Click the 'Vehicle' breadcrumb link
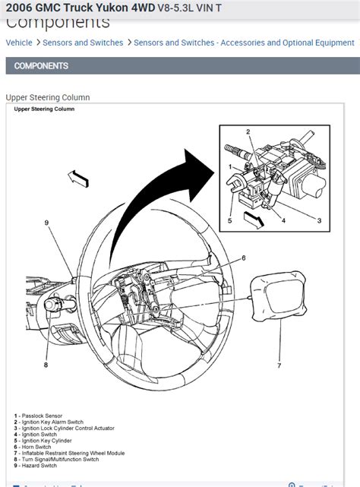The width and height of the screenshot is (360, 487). (x=19, y=43)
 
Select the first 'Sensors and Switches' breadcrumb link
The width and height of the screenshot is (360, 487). (x=83, y=43)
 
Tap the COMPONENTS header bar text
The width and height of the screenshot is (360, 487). (x=41, y=66)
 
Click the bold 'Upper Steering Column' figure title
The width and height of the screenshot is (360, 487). (x=44, y=109)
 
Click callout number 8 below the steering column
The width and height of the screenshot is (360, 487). (x=46, y=365)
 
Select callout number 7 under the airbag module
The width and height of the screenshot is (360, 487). (x=279, y=365)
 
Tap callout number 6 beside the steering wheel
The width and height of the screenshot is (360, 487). (x=244, y=258)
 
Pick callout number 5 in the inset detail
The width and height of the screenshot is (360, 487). (x=229, y=221)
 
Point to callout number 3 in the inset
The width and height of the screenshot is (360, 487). (x=319, y=220)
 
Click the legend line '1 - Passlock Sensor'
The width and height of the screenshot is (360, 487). (x=41, y=416)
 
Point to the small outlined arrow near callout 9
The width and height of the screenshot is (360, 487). (x=79, y=179)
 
